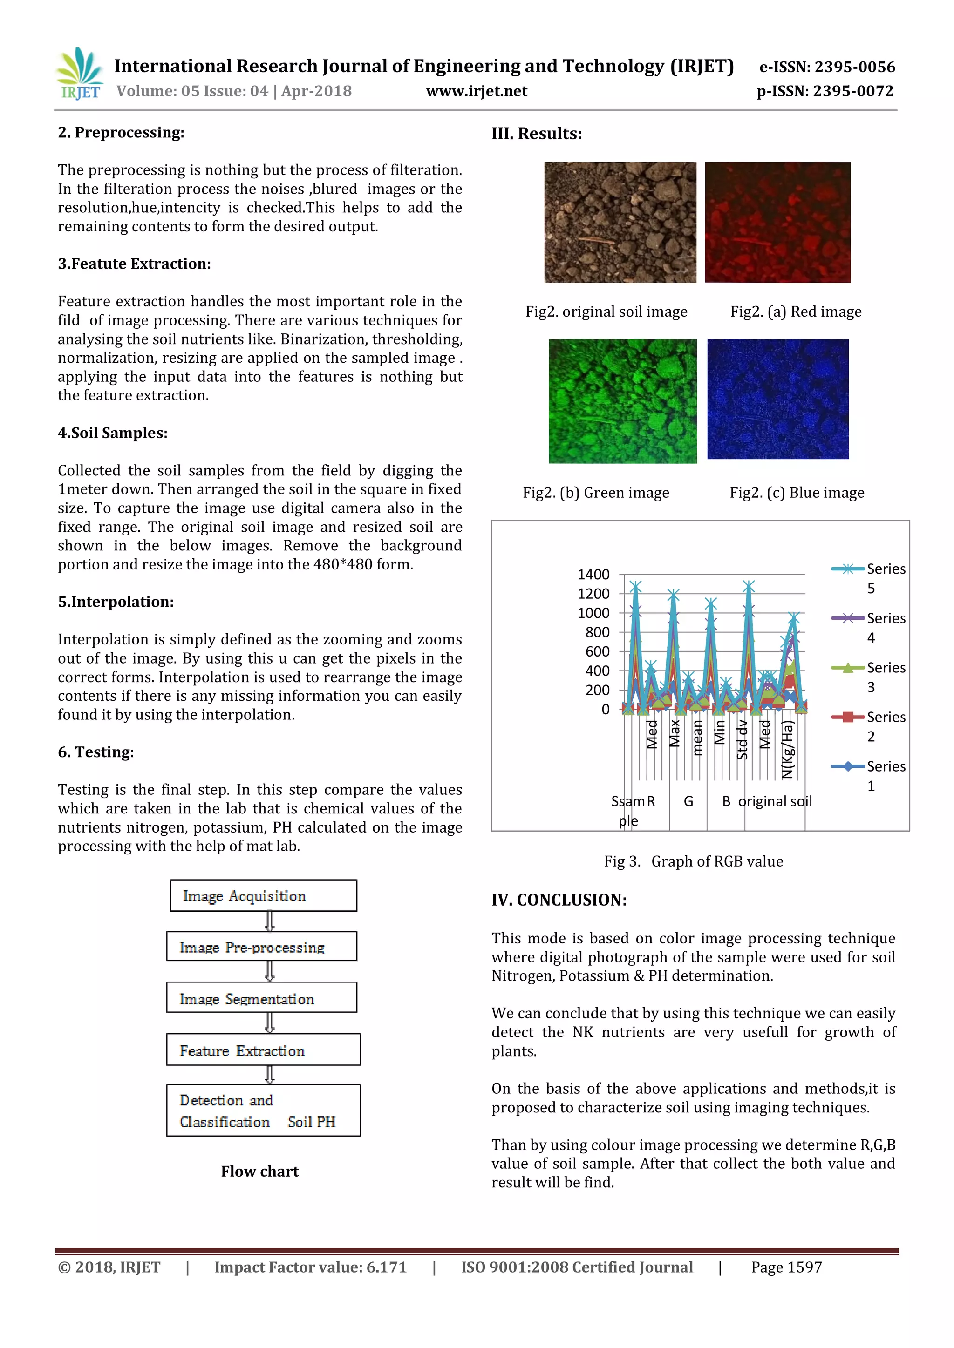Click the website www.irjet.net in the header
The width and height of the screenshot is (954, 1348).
477,92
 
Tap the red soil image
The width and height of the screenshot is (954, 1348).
777,222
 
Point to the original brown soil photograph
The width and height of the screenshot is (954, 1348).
620,222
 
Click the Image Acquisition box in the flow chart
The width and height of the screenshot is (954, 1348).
263,895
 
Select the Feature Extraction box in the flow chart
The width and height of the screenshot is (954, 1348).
263,1050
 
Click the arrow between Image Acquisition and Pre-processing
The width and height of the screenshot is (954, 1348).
270,921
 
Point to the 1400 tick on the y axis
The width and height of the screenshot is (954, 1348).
593,574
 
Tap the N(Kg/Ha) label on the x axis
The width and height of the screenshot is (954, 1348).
788,749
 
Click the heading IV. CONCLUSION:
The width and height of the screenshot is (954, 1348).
559,900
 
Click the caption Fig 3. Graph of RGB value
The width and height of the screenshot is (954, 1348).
693,861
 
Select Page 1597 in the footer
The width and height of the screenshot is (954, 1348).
786,1267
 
